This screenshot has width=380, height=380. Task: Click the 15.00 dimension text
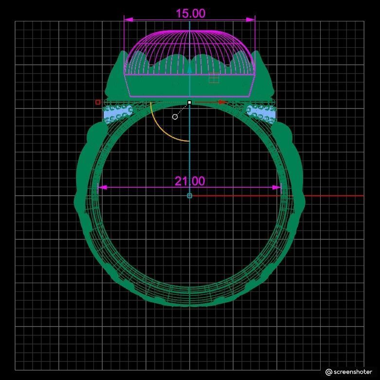point(190,13)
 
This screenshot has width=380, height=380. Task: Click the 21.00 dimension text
point(190,181)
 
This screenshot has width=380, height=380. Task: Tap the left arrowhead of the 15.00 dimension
point(127,19)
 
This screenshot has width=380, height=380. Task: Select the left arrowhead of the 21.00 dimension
point(102,187)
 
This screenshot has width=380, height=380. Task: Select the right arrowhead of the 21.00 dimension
point(277,187)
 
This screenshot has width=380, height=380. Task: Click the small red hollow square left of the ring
point(98,102)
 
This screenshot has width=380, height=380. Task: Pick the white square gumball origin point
point(189,102)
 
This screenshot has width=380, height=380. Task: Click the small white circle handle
point(175,117)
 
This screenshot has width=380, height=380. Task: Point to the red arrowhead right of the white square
point(222,102)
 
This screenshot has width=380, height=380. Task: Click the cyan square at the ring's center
point(189,196)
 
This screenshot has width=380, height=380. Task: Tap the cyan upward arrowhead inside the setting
point(189,69)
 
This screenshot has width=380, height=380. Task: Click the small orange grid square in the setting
point(214,77)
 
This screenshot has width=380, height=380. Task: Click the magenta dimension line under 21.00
point(146,187)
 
